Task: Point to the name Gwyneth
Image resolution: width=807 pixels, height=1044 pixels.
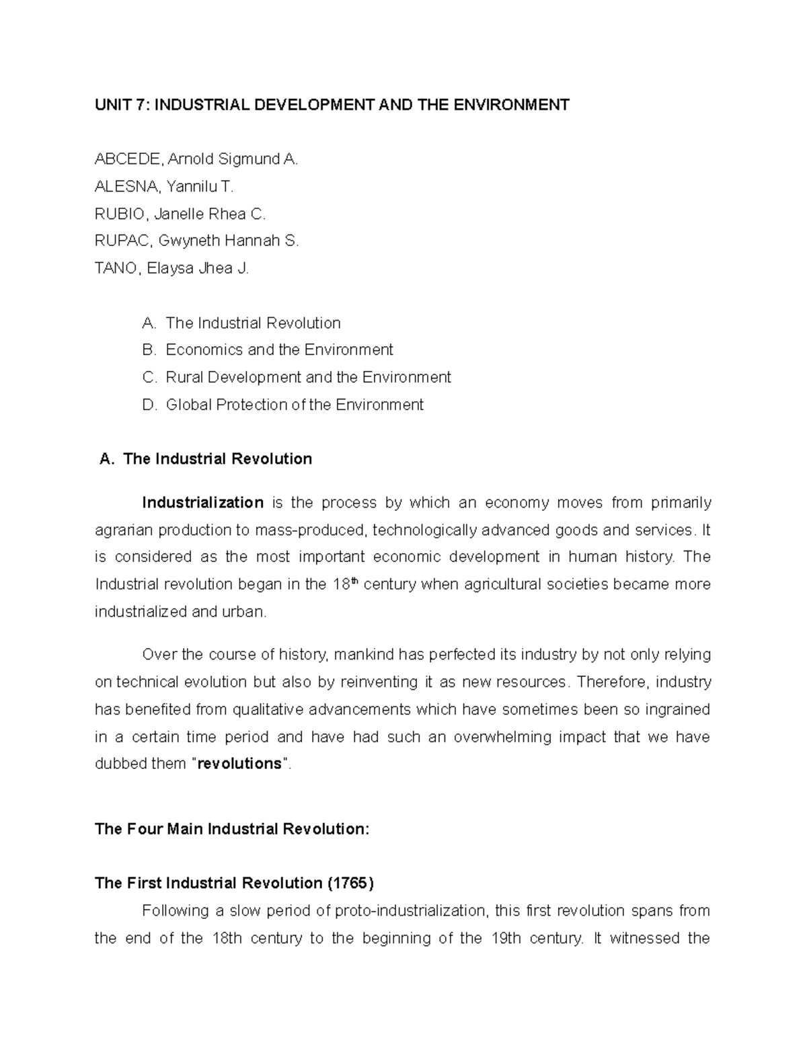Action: [190, 241]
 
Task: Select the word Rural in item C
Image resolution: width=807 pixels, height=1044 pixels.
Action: [184, 378]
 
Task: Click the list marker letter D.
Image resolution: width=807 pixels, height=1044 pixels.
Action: [149, 405]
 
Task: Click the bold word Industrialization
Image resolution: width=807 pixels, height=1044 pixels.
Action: [202, 503]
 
